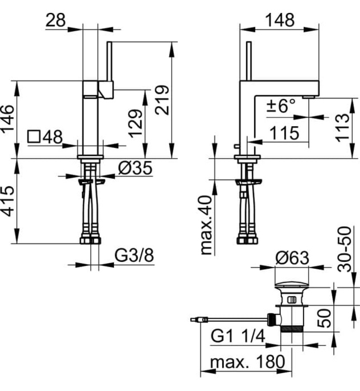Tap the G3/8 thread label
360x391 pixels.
pos(134,256)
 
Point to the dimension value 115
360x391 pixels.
pos(285,133)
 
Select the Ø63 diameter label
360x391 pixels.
pos(292,258)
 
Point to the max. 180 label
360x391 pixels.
pos(246,363)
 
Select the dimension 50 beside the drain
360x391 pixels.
pos(326,318)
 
